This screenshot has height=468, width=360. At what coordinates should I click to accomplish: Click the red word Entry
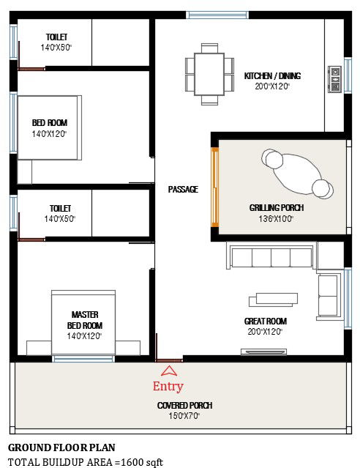(x=168, y=387)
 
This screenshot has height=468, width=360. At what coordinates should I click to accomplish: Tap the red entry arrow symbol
(x=168, y=371)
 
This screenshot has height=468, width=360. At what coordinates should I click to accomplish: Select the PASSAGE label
(x=183, y=190)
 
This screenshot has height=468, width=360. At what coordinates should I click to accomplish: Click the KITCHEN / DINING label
(x=272, y=76)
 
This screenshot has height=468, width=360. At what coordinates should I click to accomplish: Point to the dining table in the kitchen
(x=209, y=74)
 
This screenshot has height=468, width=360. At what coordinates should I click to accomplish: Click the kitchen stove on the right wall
(x=335, y=79)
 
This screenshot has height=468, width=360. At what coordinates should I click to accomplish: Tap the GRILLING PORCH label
(x=277, y=208)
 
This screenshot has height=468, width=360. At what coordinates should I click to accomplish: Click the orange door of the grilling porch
(x=215, y=187)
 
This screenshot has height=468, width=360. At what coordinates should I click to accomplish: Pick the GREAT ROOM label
(x=265, y=322)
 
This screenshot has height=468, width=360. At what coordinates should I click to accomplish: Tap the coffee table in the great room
(x=274, y=299)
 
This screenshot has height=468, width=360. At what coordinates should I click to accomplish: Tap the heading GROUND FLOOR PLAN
(x=61, y=447)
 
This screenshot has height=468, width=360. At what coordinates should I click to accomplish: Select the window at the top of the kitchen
(x=217, y=15)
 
